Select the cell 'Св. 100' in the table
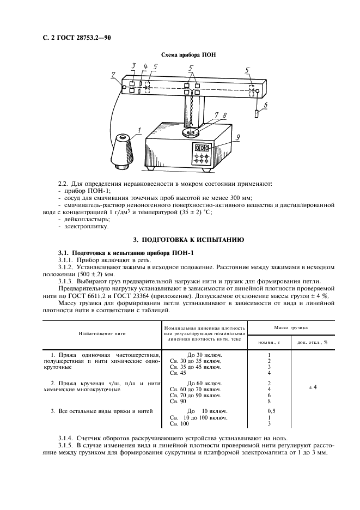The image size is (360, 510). [180, 423]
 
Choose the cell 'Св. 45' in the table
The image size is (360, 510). [178, 373]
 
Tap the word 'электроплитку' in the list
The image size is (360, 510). [82, 226]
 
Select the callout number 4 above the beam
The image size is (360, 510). [145, 66]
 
